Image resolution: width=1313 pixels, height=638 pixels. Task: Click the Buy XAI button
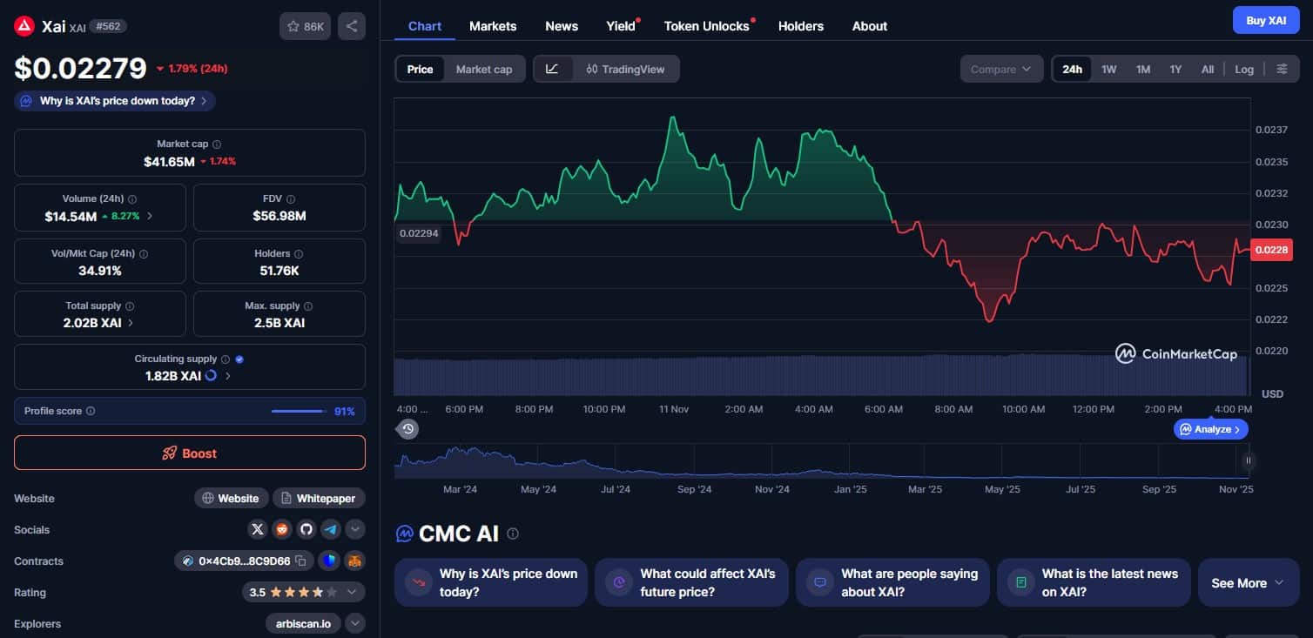tap(1265, 20)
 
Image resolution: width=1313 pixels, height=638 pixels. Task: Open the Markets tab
tap(493, 26)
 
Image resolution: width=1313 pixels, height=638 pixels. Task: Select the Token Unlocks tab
tap(706, 26)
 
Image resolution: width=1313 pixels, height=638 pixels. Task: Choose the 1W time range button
tap(1108, 70)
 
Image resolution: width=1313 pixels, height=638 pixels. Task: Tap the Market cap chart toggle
tap(483, 70)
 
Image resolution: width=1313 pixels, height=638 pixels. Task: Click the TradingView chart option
tap(626, 70)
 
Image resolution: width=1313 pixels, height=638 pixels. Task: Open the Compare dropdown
tap(1001, 70)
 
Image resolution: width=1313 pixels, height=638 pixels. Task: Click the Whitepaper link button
tap(319, 498)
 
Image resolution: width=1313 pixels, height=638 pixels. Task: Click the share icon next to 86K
tap(352, 26)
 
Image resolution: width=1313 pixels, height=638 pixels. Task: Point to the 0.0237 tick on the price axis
tap(1271, 131)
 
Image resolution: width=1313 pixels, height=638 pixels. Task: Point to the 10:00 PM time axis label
tap(603, 409)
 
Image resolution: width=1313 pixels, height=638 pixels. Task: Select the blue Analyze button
tap(1211, 429)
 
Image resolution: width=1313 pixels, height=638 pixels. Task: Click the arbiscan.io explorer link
tap(304, 623)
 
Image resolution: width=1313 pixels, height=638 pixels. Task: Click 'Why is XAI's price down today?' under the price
tap(116, 101)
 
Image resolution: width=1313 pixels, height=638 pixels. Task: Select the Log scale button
tap(1244, 70)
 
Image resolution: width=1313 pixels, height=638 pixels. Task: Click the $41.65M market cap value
tap(169, 161)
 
